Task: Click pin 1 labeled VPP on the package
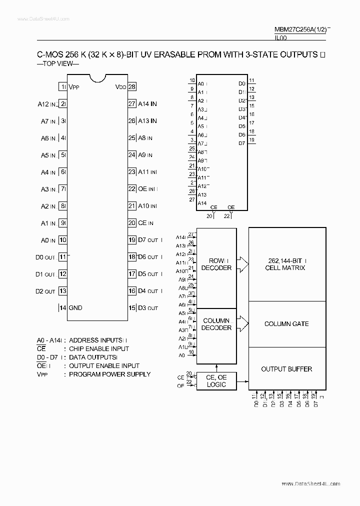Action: pos(63,86)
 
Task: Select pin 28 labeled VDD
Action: pos(132,86)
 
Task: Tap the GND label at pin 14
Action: pos(75,307)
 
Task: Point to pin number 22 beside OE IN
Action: pos(132,189)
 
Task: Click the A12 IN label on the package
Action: pos(47,104)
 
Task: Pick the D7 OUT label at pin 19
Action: pos(148,240)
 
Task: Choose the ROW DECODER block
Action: pos(216,264)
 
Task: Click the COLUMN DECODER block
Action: pos(216,324)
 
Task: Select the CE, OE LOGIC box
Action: pos(216,381)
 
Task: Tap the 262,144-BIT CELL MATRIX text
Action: pos(286,264)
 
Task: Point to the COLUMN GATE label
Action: pos(286,324)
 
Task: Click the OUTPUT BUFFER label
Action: pos(286,369)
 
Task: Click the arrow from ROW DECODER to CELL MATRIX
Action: pos(242,264)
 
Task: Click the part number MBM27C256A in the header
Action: pos(295,29)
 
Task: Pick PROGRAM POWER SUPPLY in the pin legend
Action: pos(109,374)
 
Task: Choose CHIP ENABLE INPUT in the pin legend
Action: pos(99,348)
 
